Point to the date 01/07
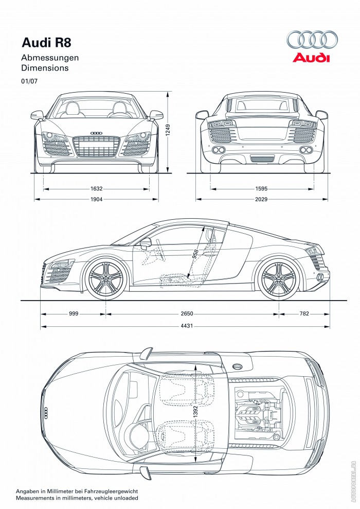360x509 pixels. [29, 81]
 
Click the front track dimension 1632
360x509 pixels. [96, 188]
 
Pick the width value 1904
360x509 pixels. [96, 199]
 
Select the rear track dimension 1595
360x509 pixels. [261, 188]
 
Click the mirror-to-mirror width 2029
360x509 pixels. [261, 199]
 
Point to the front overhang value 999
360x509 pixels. [74, 313]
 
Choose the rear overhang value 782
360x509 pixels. [304, 313]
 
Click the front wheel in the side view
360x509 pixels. [106, 278]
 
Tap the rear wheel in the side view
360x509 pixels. [278, 278]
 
